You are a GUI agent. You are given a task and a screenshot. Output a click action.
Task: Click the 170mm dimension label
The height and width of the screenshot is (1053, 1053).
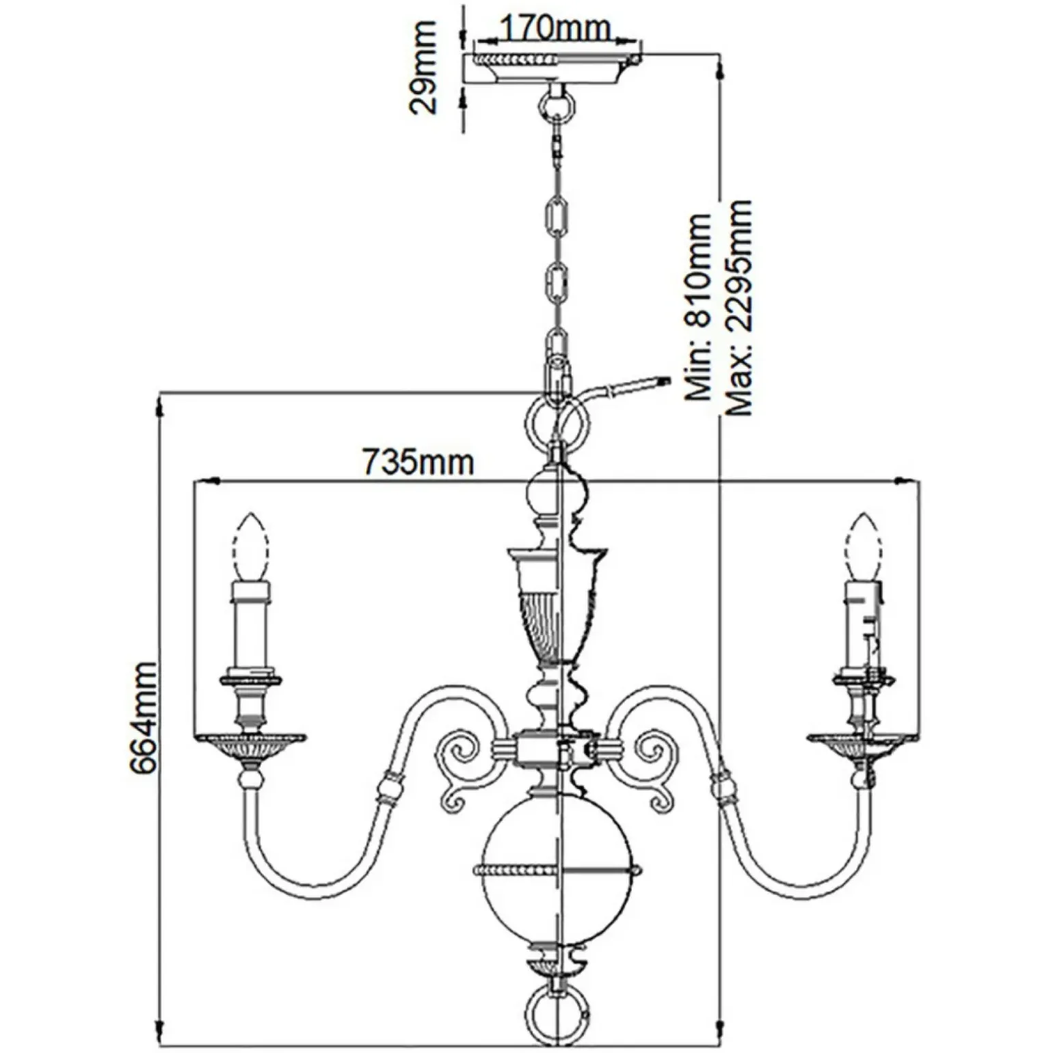(x=555, y=28)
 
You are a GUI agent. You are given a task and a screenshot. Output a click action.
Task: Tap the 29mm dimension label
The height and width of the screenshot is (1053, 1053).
(x=422, y=67)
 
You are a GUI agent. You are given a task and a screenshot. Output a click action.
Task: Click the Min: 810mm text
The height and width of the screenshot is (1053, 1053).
(x=699, y=307)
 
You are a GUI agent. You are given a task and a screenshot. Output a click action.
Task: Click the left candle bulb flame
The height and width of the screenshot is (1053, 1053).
(x=250, y=547)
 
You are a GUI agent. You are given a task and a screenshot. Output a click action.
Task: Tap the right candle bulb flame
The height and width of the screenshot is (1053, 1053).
(x=863, y=547)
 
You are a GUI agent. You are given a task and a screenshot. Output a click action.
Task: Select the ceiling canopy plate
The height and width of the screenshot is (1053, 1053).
(x=554, y=67)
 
